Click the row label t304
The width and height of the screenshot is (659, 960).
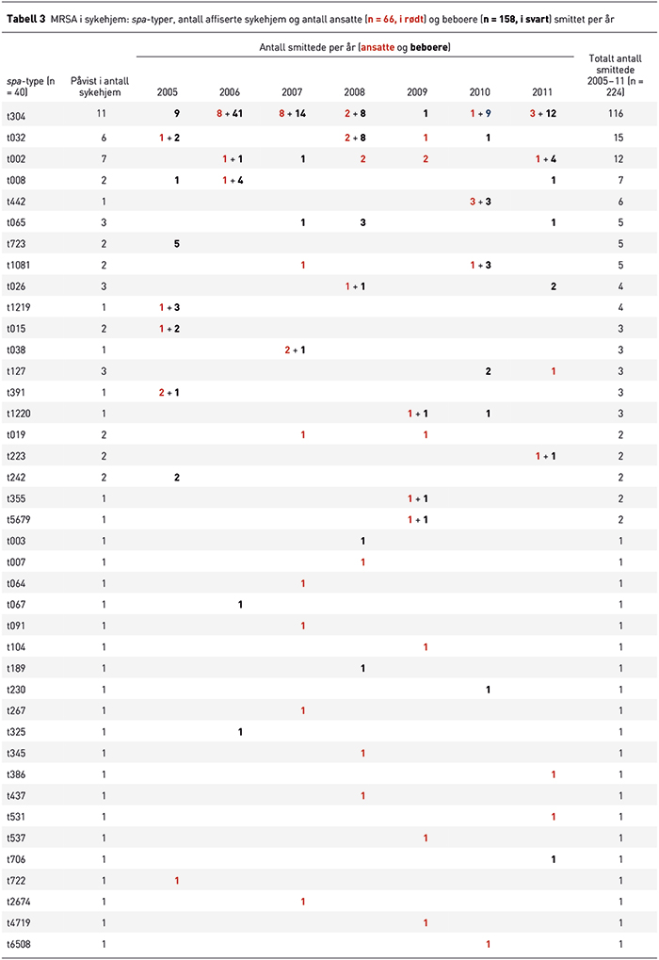click(x=15, y=113)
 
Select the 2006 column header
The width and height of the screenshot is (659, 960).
click(x=229, y=91)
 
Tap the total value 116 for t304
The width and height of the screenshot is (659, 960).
click(x=617, y=113)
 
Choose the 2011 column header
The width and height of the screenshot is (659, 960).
click(x=542, y=91)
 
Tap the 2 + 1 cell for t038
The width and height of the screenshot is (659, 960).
click(x=295, y=350)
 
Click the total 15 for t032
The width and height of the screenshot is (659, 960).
click(x=617, y=138)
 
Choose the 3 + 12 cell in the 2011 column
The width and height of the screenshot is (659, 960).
click(x=543, y=113)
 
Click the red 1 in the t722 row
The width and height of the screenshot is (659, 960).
click(x=177, y=881)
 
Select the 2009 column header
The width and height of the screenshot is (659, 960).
click(x=417, y=91)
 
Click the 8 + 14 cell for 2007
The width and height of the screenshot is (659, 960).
click(x=295, y=113)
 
